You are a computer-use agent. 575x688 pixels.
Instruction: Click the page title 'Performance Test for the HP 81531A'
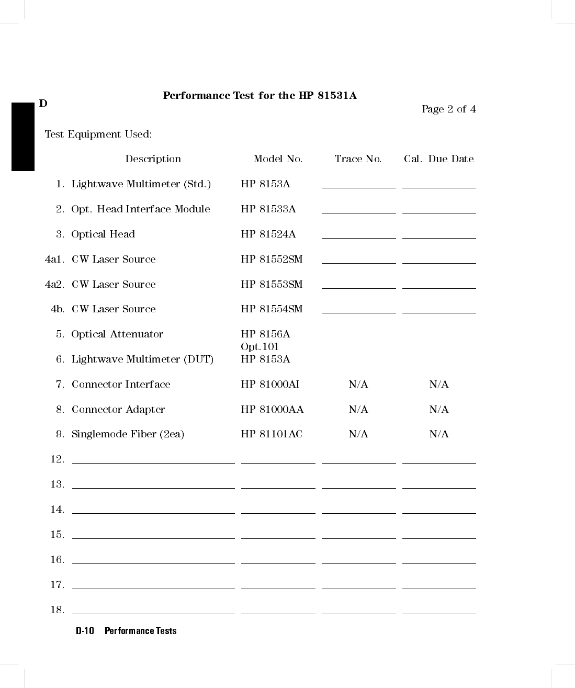[260, 96]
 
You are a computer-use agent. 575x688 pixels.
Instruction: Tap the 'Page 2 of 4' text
[448, 109]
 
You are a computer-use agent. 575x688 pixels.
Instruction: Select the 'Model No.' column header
[278, 159]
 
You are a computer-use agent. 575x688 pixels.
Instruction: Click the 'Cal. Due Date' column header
[438, 159]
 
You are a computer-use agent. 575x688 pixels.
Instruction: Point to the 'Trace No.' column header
[358, 159]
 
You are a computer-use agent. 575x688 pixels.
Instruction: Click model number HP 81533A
[268, 209]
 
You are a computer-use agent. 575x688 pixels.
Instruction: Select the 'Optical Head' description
[103, 234]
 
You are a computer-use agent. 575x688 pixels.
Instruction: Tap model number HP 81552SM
[272, 260]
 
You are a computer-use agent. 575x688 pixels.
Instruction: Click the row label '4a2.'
[54, 285]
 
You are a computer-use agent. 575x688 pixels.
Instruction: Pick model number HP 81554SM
[272, 309]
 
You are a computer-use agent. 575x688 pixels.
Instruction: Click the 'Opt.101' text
[260, 347]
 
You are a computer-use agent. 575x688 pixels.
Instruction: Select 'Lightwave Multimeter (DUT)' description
[142, 359]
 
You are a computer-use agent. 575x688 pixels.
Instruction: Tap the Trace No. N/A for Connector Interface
[358, 385]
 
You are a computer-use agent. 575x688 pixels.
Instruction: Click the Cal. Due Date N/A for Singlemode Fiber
[439, 434]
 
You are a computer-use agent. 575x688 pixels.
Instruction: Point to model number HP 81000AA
[272, 410]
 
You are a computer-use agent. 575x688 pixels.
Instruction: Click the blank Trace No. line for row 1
[358, 187]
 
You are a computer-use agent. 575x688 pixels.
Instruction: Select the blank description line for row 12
[153, 462]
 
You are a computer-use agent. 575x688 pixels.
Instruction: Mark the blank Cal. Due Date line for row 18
[439, 613]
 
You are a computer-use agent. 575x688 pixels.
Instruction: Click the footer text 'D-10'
[85, 631]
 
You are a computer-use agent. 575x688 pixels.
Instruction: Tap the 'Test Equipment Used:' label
[98, 134]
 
